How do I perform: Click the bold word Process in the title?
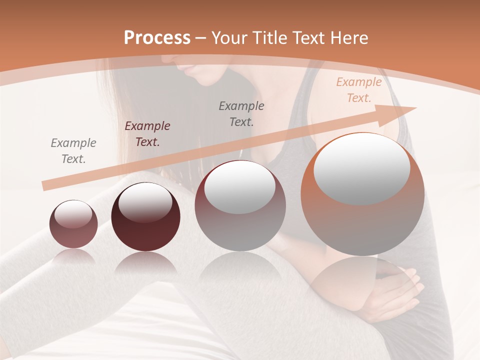[157, 38]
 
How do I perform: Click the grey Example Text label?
[73, 150]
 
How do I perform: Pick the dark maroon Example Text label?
[147, 134]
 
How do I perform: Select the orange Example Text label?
[359, 90]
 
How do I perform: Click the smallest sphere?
[73, 224]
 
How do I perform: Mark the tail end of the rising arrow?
[45, 185]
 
